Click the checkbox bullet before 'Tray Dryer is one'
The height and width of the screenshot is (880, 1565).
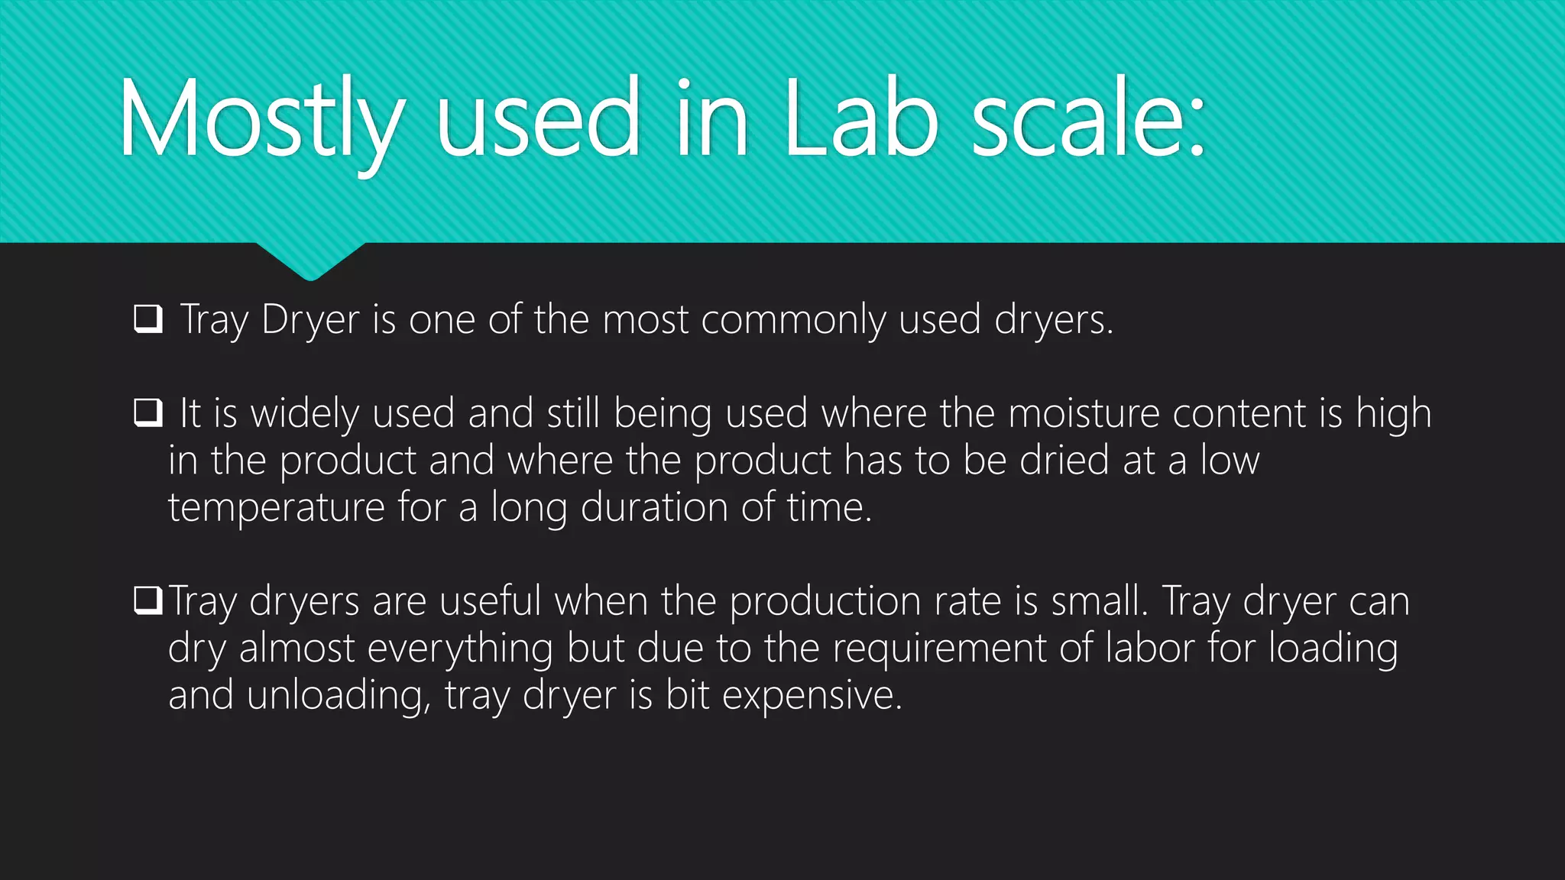pyautogui.click(x=148, y=319)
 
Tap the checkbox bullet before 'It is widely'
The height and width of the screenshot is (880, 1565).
pyautogui.click(x=148, y=412)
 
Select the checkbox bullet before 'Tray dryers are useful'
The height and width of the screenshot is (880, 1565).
pyautogui.click(x=148, y=600)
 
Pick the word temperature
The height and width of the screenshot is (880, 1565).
pyautogui.click(x=276, y=507)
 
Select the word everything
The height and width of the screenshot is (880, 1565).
pyautogui.click(x=460, y=649)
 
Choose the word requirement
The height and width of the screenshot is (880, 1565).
pyautogui.click(x=938, y=649)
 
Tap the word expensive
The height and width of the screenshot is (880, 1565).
pyautogui.click(x=812, y=696)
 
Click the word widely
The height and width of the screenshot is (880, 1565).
pyautogui.click(x=305, y=413)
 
